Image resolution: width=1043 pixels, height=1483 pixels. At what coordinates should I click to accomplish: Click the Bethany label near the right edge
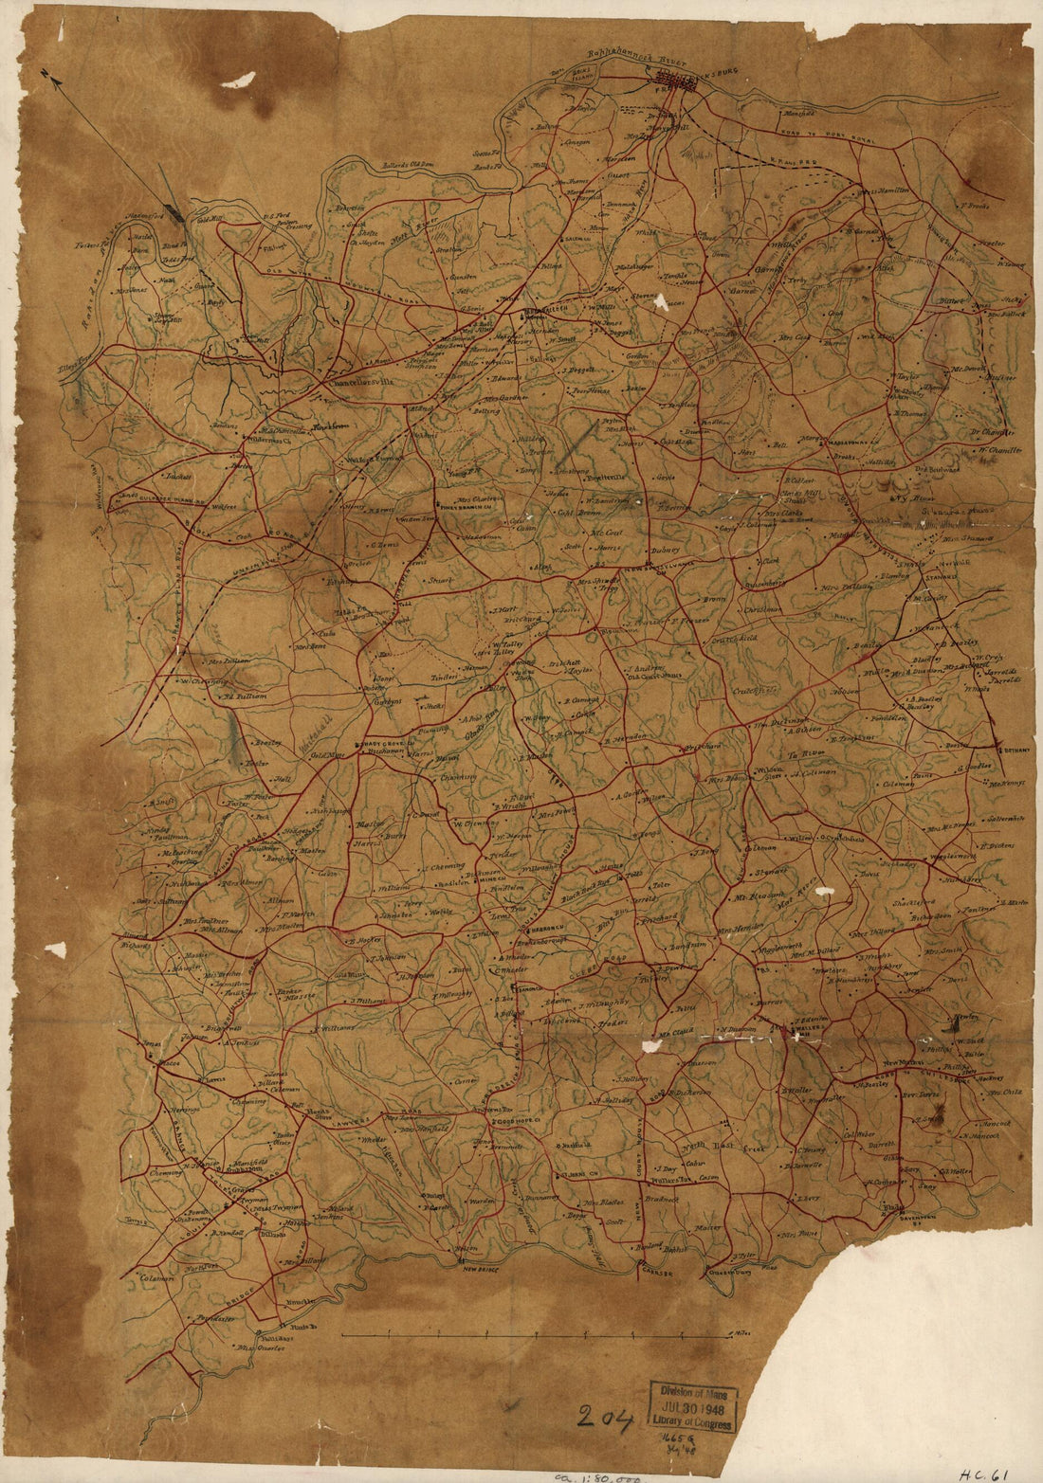click(x=1010, y=749)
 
